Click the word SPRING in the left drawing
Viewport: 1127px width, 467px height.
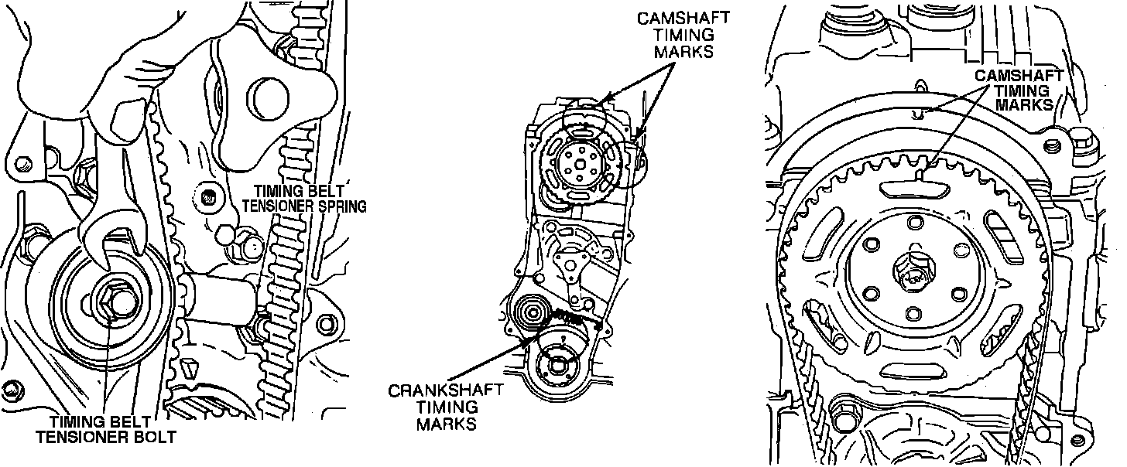tap(335, 206)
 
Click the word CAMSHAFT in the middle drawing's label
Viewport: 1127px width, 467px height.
tap(683, 19)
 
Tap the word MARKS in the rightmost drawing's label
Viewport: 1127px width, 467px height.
tap(1025, 104)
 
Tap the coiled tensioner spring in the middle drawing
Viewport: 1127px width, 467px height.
tap(569, 318)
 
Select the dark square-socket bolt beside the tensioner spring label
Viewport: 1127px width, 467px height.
tap(207, 198)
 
